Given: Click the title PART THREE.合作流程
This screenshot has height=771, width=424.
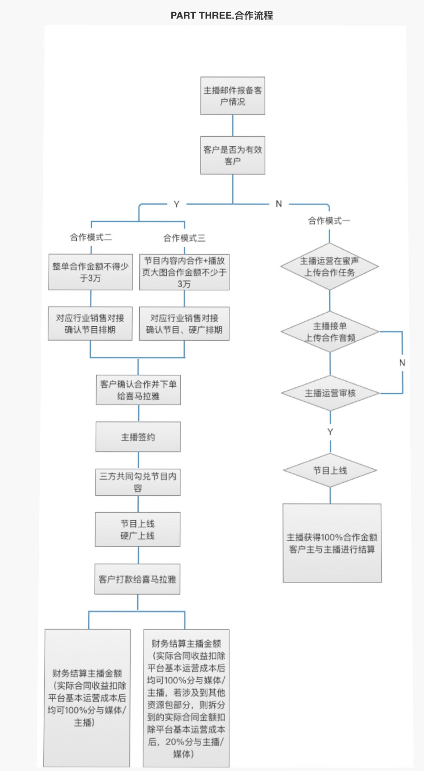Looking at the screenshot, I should (x=222, y=16).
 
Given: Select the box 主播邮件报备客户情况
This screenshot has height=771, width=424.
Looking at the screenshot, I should (x=232, y=96).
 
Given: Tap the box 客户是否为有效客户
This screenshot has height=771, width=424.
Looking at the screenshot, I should (x=232, y=155).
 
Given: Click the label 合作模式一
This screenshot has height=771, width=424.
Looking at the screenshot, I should (x=329, y=221).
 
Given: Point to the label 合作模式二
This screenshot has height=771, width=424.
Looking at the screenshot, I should (x=91, y=237).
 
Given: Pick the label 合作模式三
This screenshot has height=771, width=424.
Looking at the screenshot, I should (x=184, y=238).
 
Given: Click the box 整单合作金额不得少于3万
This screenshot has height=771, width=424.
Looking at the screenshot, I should (x=90, y=272).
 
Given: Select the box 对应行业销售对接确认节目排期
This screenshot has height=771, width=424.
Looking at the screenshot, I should (x=90, y=324).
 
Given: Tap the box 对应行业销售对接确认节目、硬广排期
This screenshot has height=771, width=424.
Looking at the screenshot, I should (x=184, y=324).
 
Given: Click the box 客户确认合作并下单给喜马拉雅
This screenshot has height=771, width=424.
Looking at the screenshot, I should (x=138, y=390).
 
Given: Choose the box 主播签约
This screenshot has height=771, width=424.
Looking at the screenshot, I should (x=138, y=437).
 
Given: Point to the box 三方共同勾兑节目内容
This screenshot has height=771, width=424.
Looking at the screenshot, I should (x=138, y=482).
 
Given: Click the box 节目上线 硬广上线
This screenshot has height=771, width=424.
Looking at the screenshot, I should (x=137, y=530).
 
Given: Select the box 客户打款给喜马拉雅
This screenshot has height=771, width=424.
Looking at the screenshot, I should (x=137, y=579).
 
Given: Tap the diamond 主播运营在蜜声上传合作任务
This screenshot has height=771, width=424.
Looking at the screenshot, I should (x=329, y=266).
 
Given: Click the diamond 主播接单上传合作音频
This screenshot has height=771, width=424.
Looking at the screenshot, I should (x=330, y=332).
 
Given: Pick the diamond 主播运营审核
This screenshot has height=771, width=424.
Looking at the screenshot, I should (x=330, y=393).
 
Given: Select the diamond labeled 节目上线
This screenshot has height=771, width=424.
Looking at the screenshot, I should (x=330, y=470).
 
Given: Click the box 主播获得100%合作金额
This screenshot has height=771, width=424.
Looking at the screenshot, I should (x=332, y=543).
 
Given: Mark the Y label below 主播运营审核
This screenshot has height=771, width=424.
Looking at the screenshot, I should (x=330, y=432).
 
